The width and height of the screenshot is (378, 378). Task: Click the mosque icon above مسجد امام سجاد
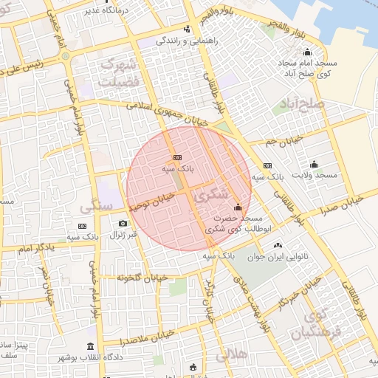point(307,52)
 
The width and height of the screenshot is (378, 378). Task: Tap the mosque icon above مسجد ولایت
point(314,164)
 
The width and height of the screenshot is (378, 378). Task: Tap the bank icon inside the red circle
point(177,157)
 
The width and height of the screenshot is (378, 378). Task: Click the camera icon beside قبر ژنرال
point(123,223)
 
